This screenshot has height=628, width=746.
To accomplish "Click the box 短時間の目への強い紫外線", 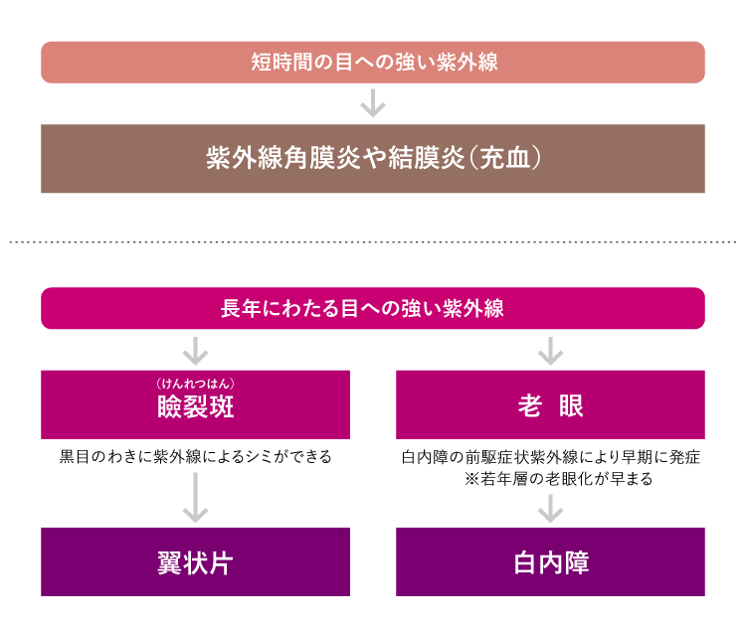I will click(372, 62).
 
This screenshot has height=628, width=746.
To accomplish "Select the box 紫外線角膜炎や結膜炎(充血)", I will click(372, 159).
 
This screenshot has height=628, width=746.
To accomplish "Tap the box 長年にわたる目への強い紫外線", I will click(372, 308).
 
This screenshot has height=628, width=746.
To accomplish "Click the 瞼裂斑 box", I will click(195, 404).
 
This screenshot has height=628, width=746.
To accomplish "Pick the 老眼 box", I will click(550, 404).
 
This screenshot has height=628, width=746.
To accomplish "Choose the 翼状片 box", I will click(195, 561).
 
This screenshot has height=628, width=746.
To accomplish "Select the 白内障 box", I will click(550, 561).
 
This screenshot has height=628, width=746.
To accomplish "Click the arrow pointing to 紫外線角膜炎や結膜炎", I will click(373, 103).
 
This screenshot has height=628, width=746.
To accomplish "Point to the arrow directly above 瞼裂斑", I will click(195, 350).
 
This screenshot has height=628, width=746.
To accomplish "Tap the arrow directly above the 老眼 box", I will click(550, 350).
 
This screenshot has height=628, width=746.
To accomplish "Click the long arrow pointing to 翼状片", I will click(195, 497).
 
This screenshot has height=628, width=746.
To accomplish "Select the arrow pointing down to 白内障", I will click(550, 508).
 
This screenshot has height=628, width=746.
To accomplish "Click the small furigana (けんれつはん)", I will click(195, 383).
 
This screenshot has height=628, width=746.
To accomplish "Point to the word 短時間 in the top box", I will click(276, 63).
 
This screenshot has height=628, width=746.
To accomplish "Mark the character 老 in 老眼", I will click(529, 406).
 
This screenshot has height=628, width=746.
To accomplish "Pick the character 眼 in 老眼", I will click(571, 406).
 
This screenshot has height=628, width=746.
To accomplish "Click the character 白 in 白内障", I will click(525, 563).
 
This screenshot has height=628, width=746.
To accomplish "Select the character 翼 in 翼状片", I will click(169, 563).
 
